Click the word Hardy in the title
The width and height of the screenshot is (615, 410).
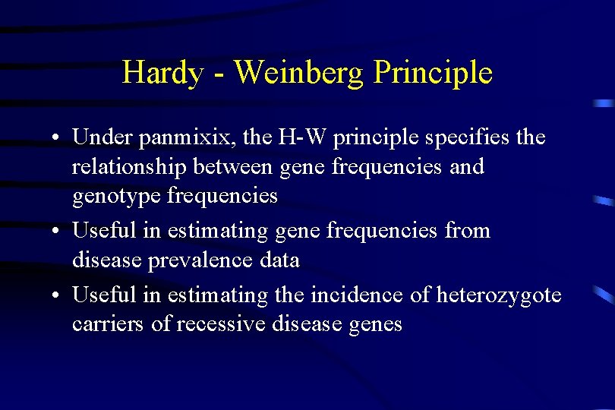(162, 74)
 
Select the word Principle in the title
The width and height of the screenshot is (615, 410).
(434, 74)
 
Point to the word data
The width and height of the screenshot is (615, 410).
(279, 260)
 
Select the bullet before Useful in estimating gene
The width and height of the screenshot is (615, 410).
(57, 231)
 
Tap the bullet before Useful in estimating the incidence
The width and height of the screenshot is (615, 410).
(57, 295)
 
